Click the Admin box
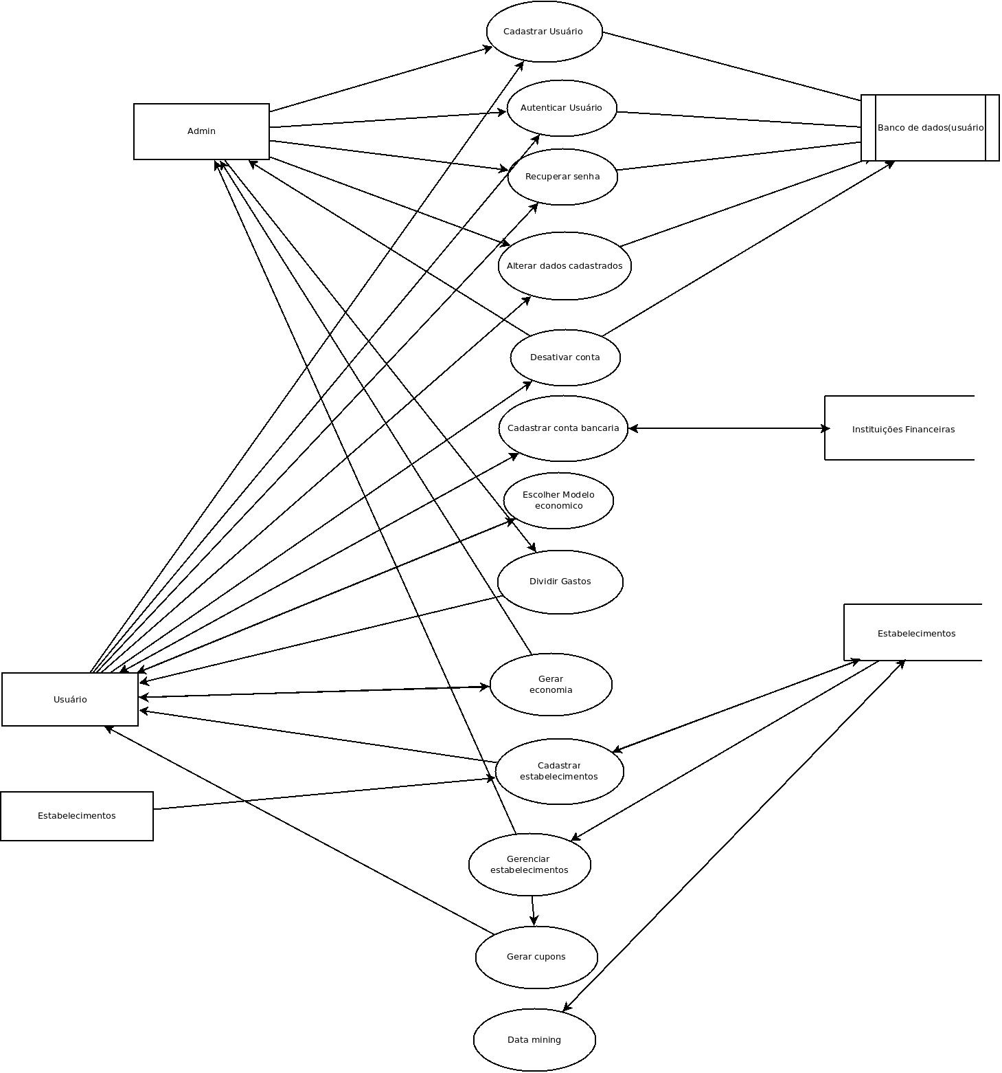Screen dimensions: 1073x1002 [x=201, y=131]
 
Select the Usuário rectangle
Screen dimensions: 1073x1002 [x=70, y=699]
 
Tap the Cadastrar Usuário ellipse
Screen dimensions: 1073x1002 [x=544, y=32]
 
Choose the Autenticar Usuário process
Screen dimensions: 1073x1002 [x=562, y=108]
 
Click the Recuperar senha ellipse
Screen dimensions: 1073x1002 [x=562, y=177]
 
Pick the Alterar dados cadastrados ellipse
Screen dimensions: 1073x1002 [x=565, y=266]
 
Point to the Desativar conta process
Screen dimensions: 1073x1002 [x=565, y=357]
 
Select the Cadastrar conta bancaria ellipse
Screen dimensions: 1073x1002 [x=563, y=428]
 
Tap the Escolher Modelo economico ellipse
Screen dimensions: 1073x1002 [x=558, y=500]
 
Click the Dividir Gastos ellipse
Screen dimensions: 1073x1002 [x=560, y=582]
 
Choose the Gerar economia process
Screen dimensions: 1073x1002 [x=551, y=685]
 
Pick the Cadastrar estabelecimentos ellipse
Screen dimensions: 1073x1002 [x=559, y=771]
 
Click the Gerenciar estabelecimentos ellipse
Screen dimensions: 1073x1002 [x=530, y=865]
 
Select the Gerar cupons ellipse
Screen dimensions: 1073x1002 [x=536, y=957]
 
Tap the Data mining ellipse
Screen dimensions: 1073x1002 [x=534, y=1040]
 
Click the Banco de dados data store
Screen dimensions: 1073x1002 [x=930, y=128]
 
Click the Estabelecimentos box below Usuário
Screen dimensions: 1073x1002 [x=77, y=816]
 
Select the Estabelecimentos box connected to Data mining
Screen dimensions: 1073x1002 [x=915, y=633]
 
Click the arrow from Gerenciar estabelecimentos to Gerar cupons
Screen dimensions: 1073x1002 [x=533, y=911]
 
